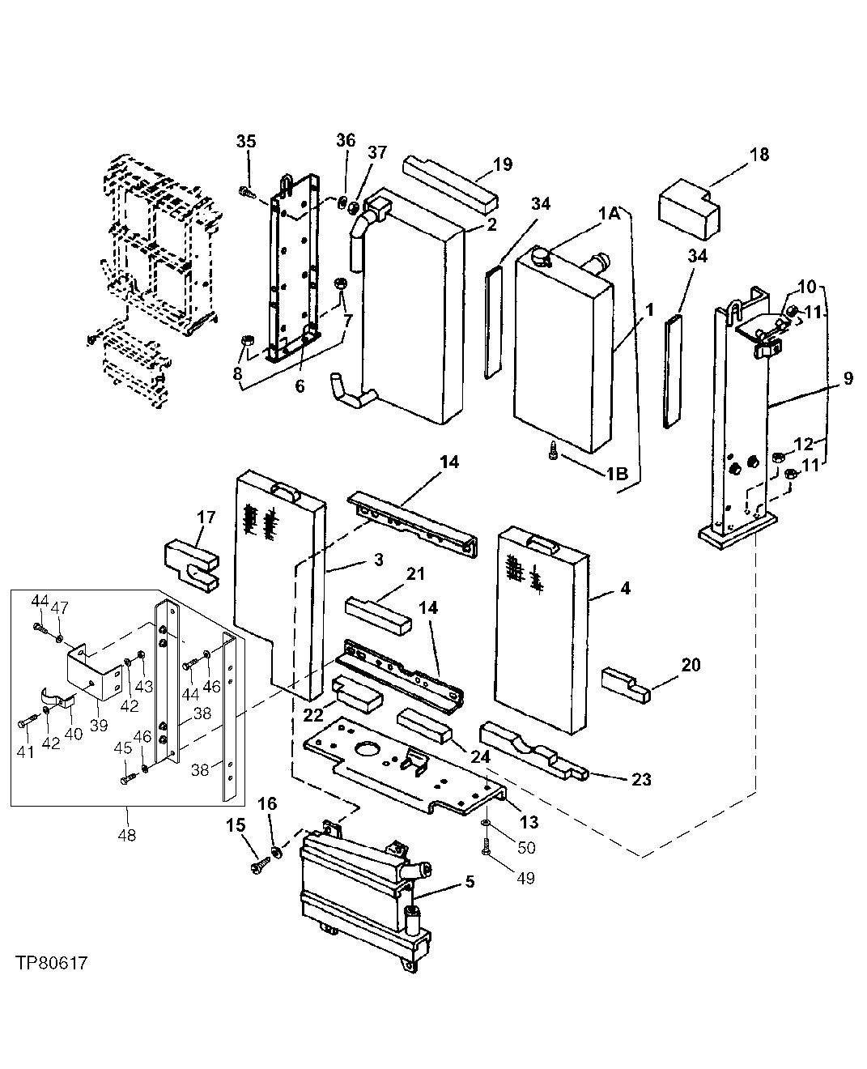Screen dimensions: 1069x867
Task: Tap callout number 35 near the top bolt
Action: pos(246,141)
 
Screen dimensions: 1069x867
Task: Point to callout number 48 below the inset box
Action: pos(127,835)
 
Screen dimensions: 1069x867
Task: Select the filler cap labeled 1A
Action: pos(540,256)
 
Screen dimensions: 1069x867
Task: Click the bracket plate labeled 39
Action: pos(91,671)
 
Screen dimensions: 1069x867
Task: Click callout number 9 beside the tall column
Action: pos(847,378)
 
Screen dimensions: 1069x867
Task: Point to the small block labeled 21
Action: pos(378,613)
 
